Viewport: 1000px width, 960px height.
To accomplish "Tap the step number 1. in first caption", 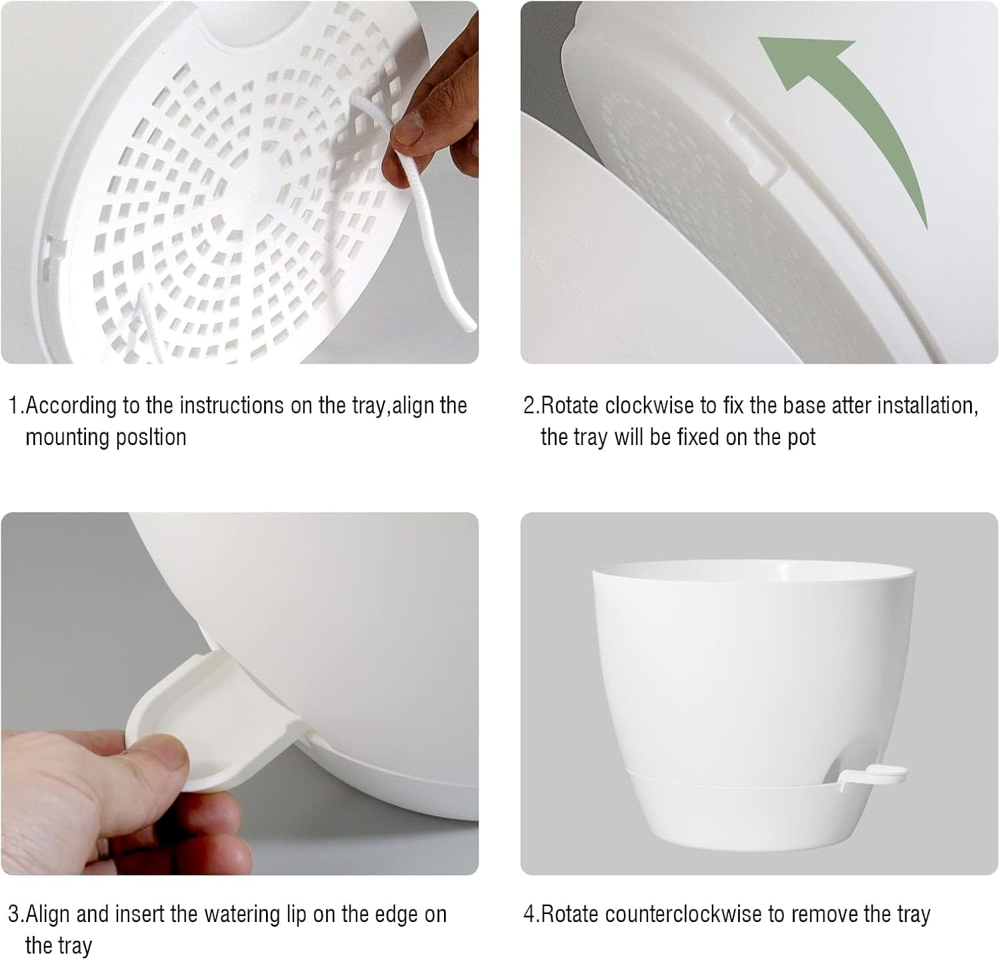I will point(16,405).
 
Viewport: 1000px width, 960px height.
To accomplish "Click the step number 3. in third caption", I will point(16,914).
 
